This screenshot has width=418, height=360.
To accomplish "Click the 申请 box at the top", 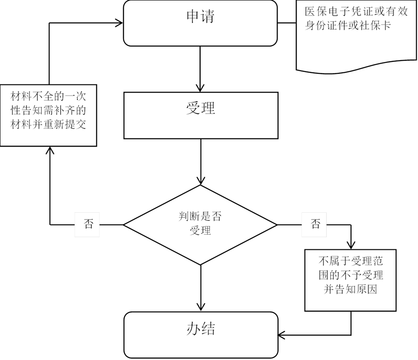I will pos(200,23).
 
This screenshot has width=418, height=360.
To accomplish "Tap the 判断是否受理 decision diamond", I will pos(200,224).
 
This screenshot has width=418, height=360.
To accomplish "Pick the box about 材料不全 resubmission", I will pos(48,115).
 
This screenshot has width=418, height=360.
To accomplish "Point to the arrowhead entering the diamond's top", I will pos(200,181).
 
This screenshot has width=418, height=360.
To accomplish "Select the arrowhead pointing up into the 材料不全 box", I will pos(50,151).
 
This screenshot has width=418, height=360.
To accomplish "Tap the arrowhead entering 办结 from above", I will pos(200,307).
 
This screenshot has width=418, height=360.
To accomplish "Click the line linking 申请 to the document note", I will pos(288,23).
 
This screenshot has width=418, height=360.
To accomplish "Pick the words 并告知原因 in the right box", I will pos(351,290).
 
